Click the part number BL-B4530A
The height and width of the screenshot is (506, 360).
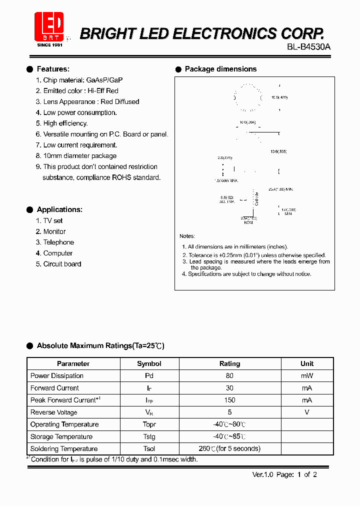click(308, 47)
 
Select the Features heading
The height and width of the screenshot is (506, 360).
click(53, 69)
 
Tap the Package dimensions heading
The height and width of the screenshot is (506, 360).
click(220, 69)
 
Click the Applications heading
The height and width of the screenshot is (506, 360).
click(59, 209)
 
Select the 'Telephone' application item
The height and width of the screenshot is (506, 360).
click(58, 242)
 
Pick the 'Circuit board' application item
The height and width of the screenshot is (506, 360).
click(62, 264)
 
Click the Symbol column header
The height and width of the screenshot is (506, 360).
click(149, 364)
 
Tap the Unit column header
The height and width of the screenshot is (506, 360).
click(307, 363)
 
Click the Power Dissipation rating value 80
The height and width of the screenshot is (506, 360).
click(229, 376)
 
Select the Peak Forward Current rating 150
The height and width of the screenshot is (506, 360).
click(229, 400)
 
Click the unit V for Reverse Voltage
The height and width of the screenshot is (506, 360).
click(307, 412)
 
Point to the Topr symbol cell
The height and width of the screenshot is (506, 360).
click(149, 424)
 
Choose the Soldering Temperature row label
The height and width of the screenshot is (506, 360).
click(64, 449)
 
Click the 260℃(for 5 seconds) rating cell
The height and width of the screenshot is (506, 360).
click(229, 449)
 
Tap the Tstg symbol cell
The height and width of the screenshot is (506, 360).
click(149, 437)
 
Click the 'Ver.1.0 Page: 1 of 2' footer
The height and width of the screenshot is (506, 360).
click(284, 475)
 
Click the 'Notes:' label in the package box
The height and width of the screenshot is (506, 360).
click(187, 236)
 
